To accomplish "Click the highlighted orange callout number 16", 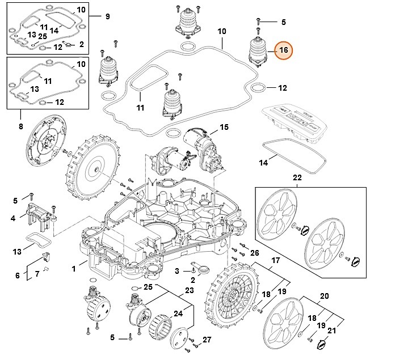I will (x=283, y=50).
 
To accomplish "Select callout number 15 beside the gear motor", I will (x=224, y=128).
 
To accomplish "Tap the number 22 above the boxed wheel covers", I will (x=297, y=178).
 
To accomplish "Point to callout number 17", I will (x=276, y=260).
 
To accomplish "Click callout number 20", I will (x=325, y=296).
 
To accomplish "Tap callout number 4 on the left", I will (x=12, y=218).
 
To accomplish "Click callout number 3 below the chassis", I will (x=176, y=271).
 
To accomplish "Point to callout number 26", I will (x=254, y=252).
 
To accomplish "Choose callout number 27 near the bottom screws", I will (x=207, y=340).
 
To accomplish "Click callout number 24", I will (x=178, y=312).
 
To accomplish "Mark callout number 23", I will (x=189, y=291).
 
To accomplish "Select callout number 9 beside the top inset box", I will (x=107, y=16).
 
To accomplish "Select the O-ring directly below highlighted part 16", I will (x=258, y=88).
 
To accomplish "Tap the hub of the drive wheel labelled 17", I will (x=232, y=296).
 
